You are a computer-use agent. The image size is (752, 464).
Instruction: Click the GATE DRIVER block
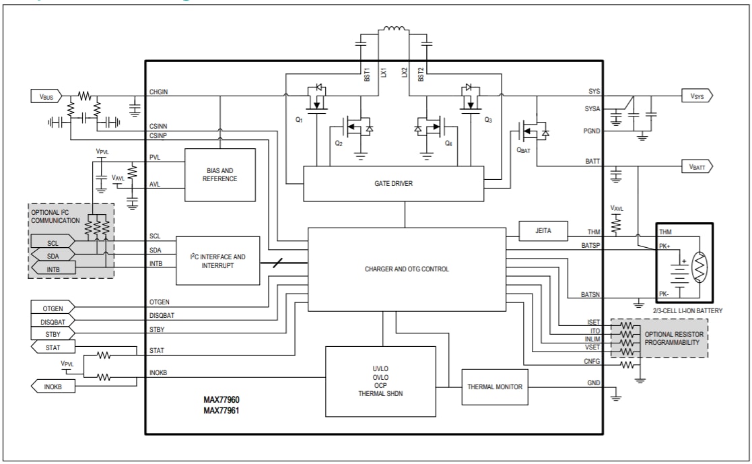click(393, 183)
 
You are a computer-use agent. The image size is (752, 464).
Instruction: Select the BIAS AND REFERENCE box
click(219, 174)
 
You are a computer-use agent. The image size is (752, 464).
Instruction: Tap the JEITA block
click(543, 231)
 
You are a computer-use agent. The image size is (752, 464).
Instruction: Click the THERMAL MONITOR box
click(494, 387)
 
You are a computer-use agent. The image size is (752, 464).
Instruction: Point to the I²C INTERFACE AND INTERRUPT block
click(217, 260)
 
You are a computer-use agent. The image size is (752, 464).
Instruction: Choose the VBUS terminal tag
click(46, 96)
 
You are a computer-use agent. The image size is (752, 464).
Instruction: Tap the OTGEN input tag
click(53, 308)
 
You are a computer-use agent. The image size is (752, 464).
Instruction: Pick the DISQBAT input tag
click(53, 321)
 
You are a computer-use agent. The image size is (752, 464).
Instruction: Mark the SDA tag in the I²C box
click(53, 256)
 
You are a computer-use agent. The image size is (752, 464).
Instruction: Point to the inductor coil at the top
click(392, 30)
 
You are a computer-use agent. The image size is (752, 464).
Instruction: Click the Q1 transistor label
click(299, 118)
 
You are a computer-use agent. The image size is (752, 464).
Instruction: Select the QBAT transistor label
click(524, 151)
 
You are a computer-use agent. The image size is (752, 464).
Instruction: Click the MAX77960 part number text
click(221, 399)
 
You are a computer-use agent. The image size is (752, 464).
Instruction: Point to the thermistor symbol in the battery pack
click(699, 267)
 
